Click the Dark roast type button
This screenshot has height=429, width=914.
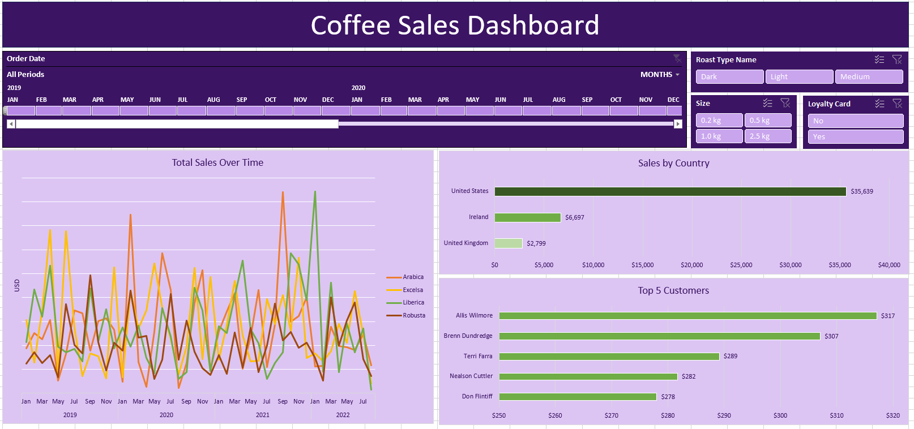pyautogui.click(x=729, y=77)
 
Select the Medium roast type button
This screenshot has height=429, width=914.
pyautogui.click(x=869, y=77)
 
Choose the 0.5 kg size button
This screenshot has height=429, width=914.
pyautogui.click(x=767, y=121)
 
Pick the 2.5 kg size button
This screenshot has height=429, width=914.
pyautogui.click(x=767, y=136)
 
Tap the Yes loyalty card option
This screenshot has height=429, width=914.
pyautogui.click(x=855, y=137)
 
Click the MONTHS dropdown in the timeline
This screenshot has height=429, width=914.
pyautogui.click(x=660, y=75)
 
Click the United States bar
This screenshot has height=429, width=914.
pyautogui.click(x=670, y=192)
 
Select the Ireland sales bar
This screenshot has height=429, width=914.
pyautogui.click(x=527, y=218)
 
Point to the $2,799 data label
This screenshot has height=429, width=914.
pyautogui.click(x=536, y=244)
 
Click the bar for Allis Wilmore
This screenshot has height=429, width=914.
pyautogui.click(x=687, y=316)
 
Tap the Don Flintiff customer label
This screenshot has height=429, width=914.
pyautogui.click(x=477, y=397)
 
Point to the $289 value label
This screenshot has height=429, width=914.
pyautogui.click(x=731, y=357)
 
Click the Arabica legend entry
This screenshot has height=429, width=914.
pyautogui.click(x=413, y=277)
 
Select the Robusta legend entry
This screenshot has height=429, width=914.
pyautogui.click(x=413, y=316)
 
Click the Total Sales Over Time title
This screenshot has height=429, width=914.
pyautogui.click(x=217, y=163)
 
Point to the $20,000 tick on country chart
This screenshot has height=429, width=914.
pyautogui.click(x=691, y=265)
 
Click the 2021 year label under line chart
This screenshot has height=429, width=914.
pyautogui.click(x=263, y=415)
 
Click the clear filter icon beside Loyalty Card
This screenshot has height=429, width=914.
pyautogui.click(x=897, y=104)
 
